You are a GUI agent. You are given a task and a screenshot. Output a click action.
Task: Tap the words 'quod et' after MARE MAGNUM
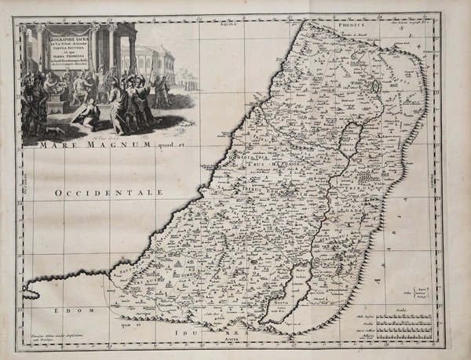[x=159, y=143]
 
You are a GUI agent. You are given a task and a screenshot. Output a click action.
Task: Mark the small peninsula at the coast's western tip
[x=33, y=289]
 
